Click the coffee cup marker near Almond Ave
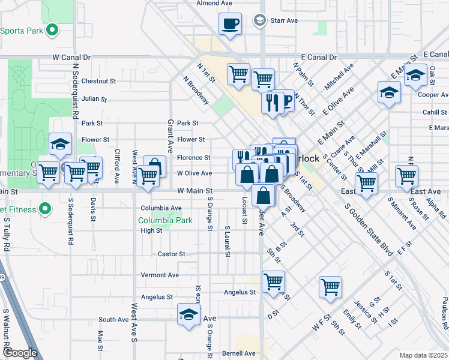click(230, 25)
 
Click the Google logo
click(20, 353)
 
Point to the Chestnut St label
click(98, 81)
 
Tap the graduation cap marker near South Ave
click(188, 314)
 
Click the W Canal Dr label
click(71, 58)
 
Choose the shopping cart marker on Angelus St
click(273, 281)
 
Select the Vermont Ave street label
click(160, 275)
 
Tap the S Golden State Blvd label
click(369, 230)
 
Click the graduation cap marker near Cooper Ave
click(415, 76)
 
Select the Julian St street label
click(94, 98)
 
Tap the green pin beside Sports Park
click(52, 29)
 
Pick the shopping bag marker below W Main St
click(264, 195)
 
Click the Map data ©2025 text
click(424, 355)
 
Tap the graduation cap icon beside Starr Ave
click(260, 20)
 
